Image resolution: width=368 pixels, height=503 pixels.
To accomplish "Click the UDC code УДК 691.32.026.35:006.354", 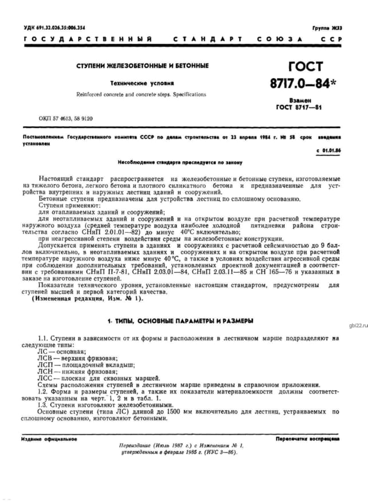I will [54, 28].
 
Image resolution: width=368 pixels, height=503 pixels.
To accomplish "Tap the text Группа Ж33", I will [327, 28].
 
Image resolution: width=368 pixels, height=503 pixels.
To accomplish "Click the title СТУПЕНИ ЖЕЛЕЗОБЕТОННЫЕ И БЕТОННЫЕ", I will [143, 65].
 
